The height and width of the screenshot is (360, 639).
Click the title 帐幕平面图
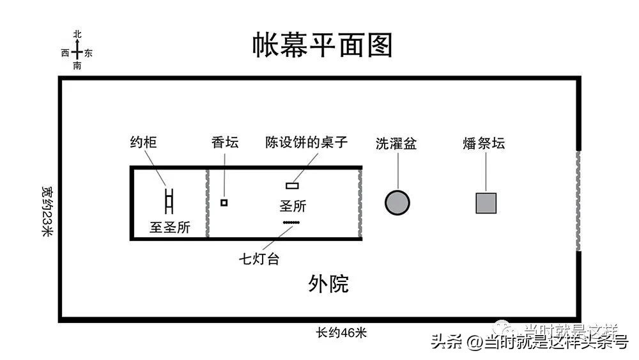[x=321, y=46]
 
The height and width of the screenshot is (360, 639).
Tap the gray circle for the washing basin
[x=397, y=203]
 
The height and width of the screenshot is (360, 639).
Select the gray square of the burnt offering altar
[x=486, y=203]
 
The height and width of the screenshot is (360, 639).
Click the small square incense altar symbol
[x=224, y=203]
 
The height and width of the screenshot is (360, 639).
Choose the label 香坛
[x=225, y=143]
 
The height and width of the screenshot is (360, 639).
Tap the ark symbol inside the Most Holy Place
[x=169, y=201]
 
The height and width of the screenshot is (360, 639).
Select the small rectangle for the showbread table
[x=292, y=186]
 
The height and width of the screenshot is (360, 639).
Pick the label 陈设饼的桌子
[x=307, y=143]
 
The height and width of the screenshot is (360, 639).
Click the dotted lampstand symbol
[x=291, y=222]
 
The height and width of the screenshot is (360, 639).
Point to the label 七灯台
[x=259, y=259]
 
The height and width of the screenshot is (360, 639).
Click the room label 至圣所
[x=170, y=227]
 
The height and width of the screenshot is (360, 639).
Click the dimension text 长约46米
[x=341, y=333]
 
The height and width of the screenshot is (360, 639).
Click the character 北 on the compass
[x=77, y=35]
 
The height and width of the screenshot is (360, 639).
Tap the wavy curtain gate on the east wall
[x=578, y=201]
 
